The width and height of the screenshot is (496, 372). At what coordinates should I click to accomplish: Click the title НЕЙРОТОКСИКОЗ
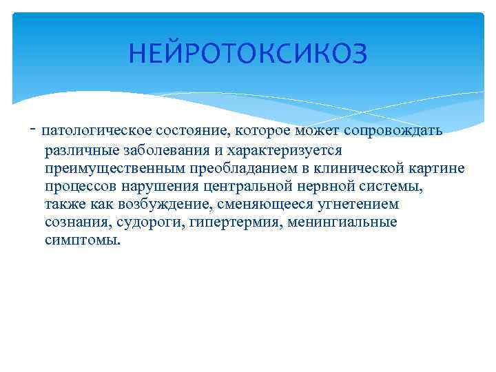248,52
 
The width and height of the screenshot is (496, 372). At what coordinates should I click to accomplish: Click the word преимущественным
108,168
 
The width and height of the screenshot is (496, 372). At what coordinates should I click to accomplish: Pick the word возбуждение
154,205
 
